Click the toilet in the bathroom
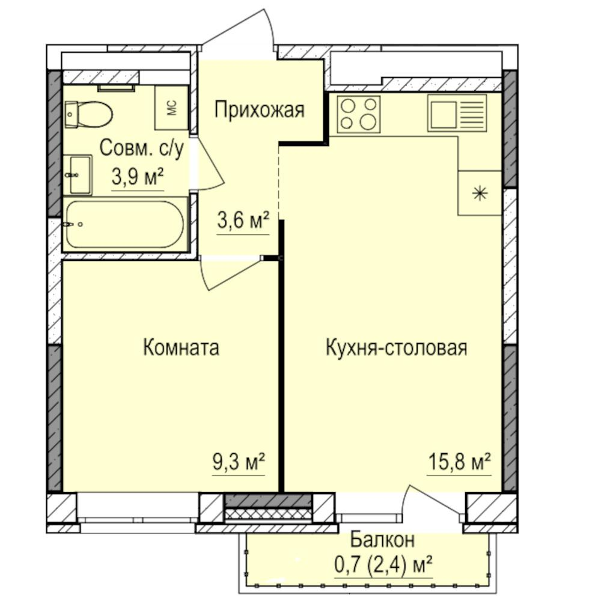[x=88, y=114]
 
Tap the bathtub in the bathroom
[x=125, y=224]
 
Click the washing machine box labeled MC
[x=171, y=108]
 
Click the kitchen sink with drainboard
[x=457, y=113]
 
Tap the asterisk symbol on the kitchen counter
[x=480, y=193]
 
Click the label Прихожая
[x=260, y=110]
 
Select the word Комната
[x=182, y=347]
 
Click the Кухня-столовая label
[x=397, y=347]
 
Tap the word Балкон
[x=382, y=540]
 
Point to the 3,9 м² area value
[x=138, y=177]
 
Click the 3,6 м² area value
[x=243, y=221]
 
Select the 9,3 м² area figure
[x=239, y=462]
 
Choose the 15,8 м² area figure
[x=459, y=462]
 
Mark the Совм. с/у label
[x=142, y=148]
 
